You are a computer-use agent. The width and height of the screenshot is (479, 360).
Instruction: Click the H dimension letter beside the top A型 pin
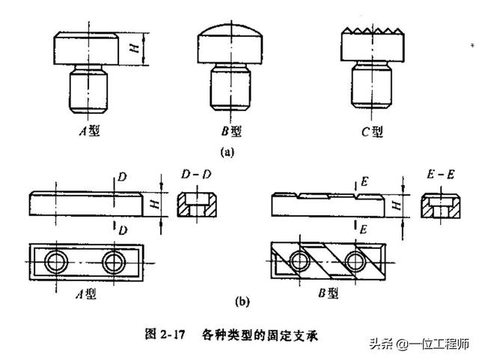coord(134,48)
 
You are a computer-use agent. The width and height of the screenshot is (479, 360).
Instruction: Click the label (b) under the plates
coord(242,302)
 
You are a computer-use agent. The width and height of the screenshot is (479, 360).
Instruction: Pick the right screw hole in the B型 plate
coord(356,262)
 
